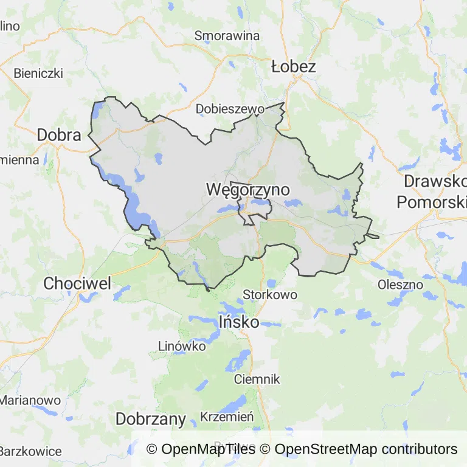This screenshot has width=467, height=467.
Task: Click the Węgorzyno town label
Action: point(248,190)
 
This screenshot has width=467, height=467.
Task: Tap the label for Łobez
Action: point(294,66)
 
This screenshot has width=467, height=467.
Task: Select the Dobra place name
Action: point(59,135)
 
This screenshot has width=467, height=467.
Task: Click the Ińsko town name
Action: point(238,322)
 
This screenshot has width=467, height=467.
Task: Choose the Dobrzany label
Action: point(150,419)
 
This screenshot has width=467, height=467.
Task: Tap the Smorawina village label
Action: point(227,36)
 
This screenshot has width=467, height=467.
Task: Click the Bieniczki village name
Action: point(38,73)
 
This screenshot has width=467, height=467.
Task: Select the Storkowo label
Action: point(270,295)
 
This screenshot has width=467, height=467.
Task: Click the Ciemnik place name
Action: point(257,379)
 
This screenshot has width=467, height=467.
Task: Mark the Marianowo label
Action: point(30,401)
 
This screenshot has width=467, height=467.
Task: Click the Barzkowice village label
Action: point(30,451)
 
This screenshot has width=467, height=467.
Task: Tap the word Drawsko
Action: point(435,181)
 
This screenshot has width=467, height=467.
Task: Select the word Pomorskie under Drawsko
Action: point(432,202)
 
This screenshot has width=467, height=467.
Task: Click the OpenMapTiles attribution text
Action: point(201,449)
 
